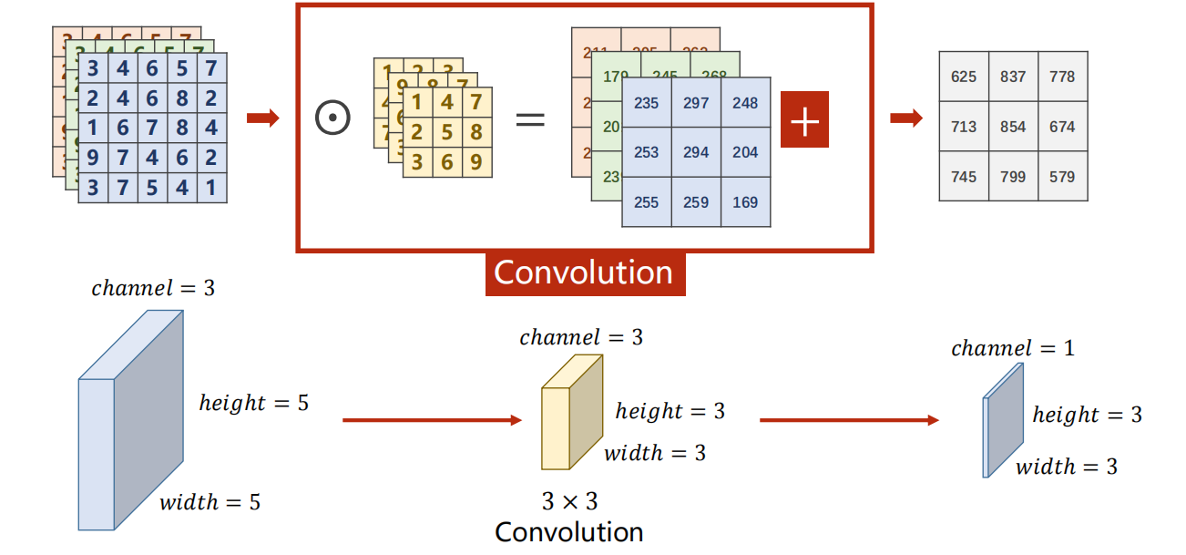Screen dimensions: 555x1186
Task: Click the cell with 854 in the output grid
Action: pyautogui.click(x=1013, y=127)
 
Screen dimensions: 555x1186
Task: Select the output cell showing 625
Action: pyautogui.click(x=963, y=77)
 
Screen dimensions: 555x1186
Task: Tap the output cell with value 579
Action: pyautogui.click(x=1062, y=177)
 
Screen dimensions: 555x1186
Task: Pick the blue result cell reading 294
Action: pyautogui.click(x=696, y=152)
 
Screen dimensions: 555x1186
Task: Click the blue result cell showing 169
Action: pyautogui.click(x=745, y=202)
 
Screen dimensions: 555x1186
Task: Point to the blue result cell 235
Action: pyautogui.click(x=647, y=103)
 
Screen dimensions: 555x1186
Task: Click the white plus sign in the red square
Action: pyautogui.click(x=804, y=119)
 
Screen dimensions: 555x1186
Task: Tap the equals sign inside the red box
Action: pyautogui.click(x=529, y=119)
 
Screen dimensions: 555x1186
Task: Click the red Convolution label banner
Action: pyautogui.click(x=584, y=272)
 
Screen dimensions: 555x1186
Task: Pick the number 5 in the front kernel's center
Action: pyautogui.click(x=446, y=133)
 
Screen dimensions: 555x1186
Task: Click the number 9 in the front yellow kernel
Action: pyautogui.click(x=476, y=163)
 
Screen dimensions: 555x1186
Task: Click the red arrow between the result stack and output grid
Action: pyautogui.click(x=905, y=118)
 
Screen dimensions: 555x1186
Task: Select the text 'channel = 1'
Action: pyautogui.click(x=1012, y=348)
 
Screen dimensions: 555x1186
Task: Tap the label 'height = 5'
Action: pyautogui.click(x=254, y=403)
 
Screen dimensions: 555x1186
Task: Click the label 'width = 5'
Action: pyautogui.click(x=210, y=502)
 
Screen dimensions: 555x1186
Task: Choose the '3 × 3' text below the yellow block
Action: pyautogui.click(x=569, y=501)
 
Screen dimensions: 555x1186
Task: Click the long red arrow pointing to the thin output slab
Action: pyautogui.click(x=848, y=420)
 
